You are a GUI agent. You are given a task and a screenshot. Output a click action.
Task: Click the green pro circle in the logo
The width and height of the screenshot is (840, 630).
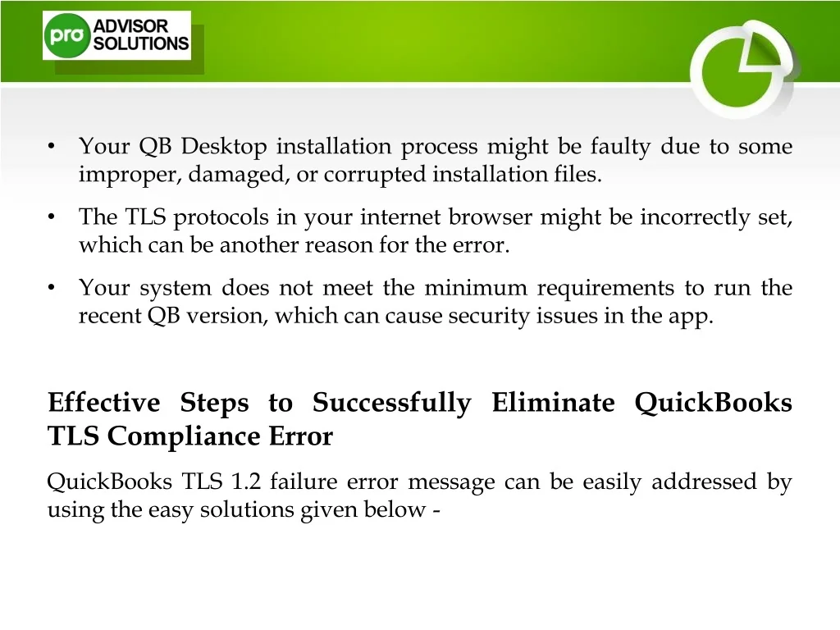[66, 35]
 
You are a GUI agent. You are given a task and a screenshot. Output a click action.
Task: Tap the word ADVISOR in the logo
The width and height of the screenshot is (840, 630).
[130, 25]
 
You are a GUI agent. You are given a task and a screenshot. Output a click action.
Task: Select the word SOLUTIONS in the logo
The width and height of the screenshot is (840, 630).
[141, 43]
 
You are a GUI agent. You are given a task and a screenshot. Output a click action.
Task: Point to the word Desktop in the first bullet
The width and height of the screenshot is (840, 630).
[223, 147]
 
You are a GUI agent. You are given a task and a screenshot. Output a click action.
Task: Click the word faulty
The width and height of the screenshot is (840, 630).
[620, 147]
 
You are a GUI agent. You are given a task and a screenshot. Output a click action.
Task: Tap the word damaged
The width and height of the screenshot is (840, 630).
[237, 175]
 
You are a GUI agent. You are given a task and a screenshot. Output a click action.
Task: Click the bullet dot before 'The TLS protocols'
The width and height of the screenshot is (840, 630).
[52, 217]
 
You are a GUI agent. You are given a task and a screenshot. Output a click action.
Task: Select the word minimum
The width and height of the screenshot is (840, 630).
[476, 288]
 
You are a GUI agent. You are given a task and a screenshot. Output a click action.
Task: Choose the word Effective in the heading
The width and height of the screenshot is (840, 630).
[104, 402]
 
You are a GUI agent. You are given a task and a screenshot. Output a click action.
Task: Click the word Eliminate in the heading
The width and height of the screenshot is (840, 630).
[554, 402]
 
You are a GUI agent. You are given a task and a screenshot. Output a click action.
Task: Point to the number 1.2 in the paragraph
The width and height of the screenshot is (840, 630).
[245, 481]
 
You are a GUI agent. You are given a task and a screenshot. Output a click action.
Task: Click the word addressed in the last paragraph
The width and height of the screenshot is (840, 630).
[704, 481]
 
